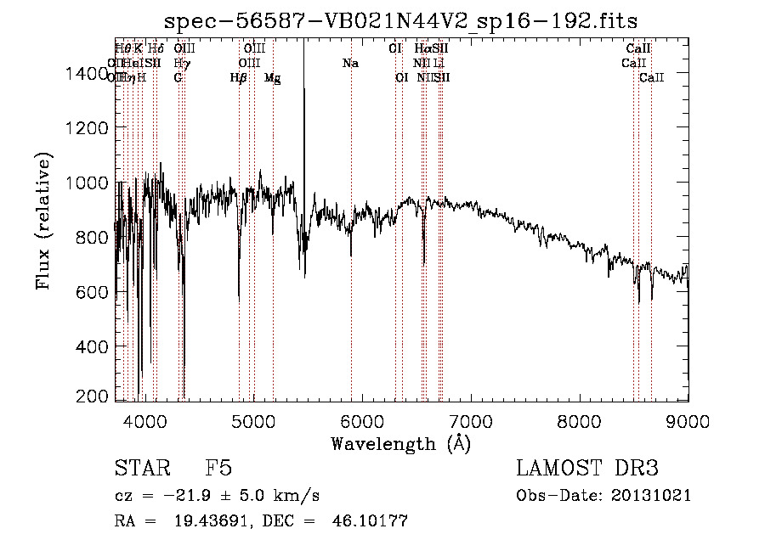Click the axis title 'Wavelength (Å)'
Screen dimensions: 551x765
click(x=400, y=442)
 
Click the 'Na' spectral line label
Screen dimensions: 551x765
click(x=350, y=64)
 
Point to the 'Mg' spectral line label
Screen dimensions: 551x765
click(x=272, y=78)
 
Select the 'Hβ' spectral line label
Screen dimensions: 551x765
click(x=239, y=78)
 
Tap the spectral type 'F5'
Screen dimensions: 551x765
click(x=218, y=469)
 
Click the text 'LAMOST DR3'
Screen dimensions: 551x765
click(x=587, y=469)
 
